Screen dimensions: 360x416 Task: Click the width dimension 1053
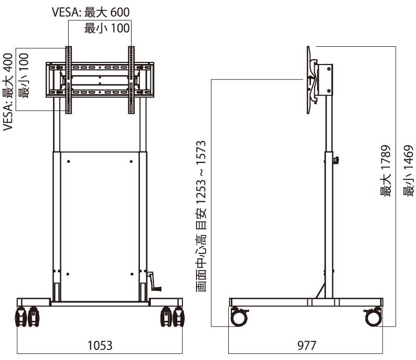click(100, 345)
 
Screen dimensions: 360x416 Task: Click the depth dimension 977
click(307, 345)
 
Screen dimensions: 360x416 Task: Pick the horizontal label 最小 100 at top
click(107, 28)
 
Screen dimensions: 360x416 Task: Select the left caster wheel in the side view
click(240, 316)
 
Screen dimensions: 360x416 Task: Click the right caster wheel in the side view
click(373, 316)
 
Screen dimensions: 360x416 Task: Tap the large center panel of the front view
click(99, 224)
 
